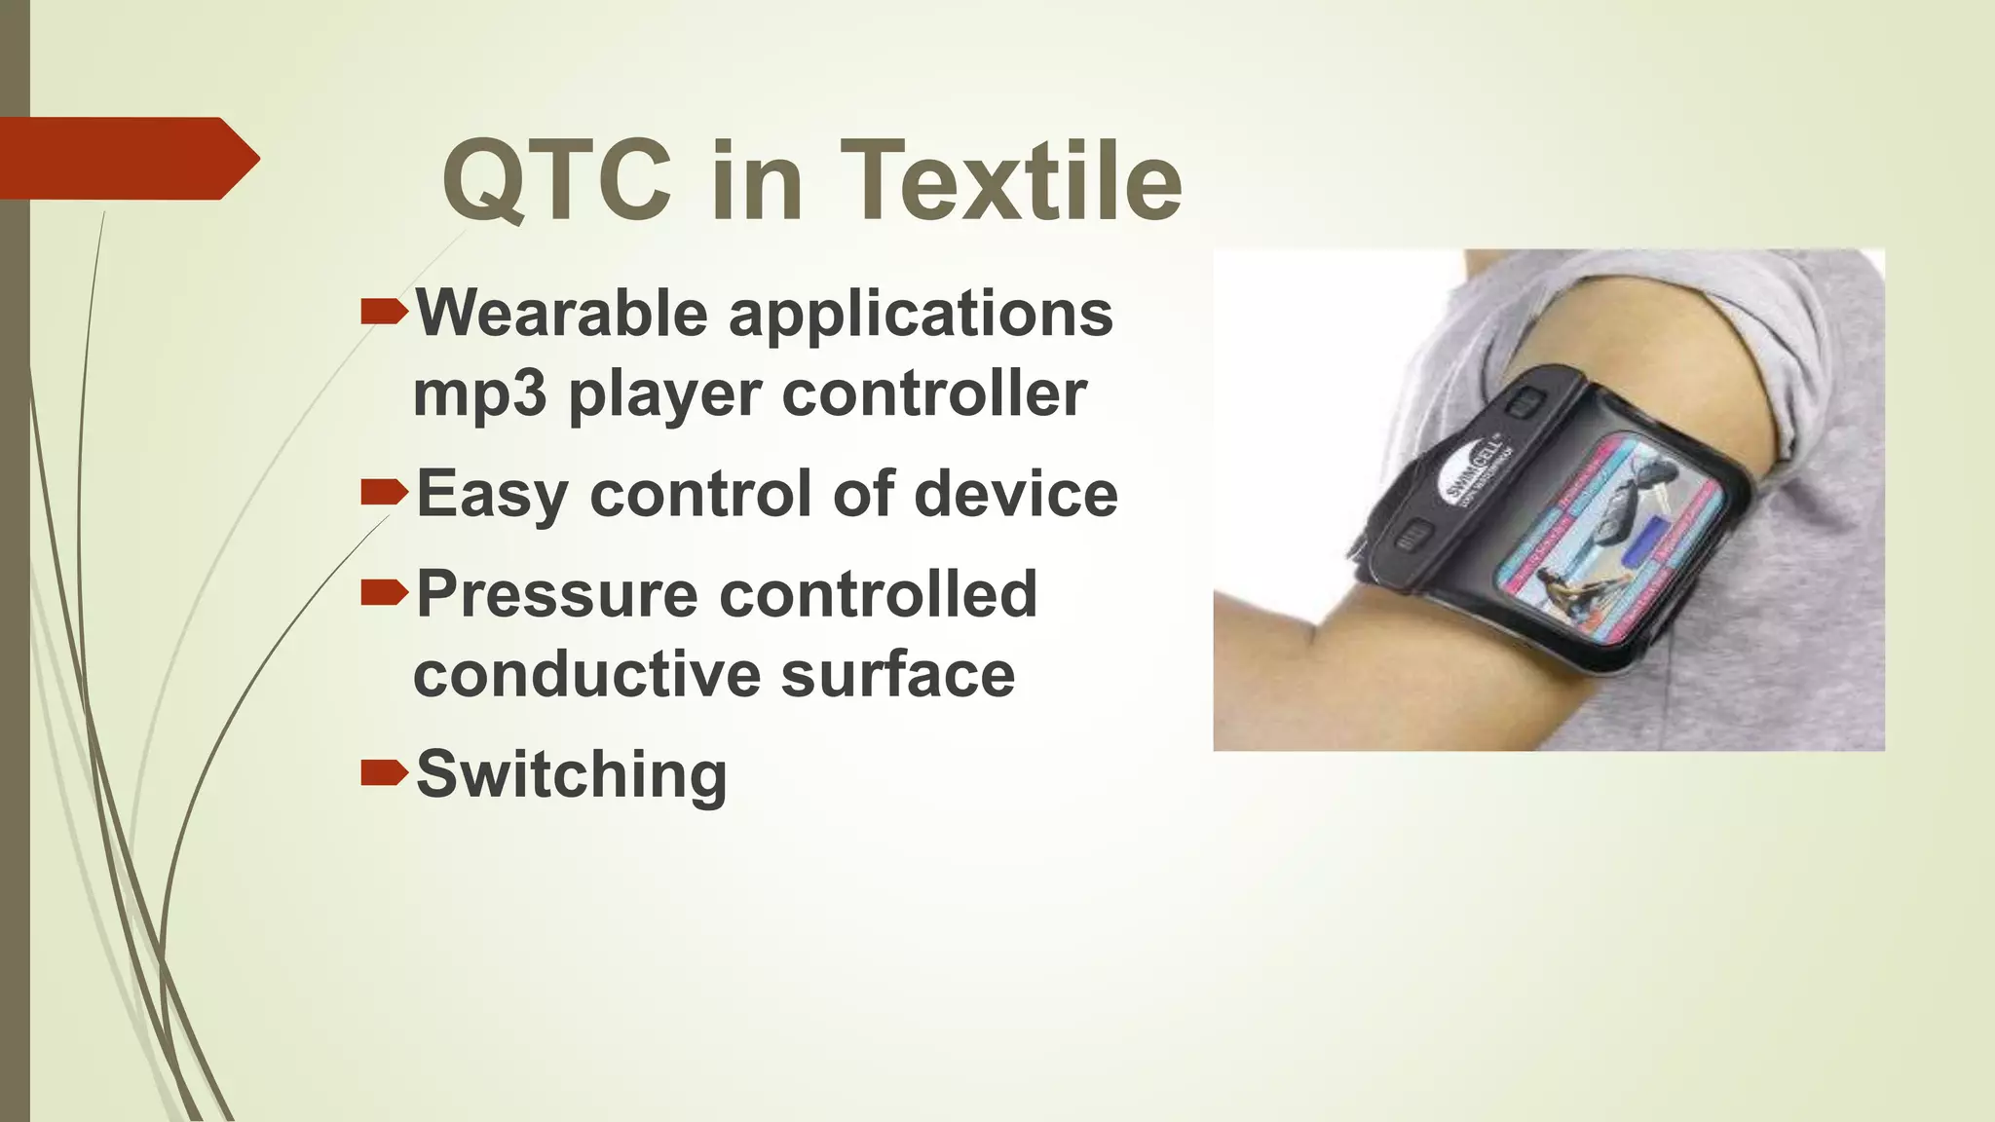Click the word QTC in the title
point(556,181)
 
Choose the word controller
point(934,393)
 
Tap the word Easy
point(491,495)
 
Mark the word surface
point(897,674)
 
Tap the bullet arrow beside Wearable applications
point(383,312)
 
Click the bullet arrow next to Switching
point(383,773)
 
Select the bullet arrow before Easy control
point(383,492)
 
